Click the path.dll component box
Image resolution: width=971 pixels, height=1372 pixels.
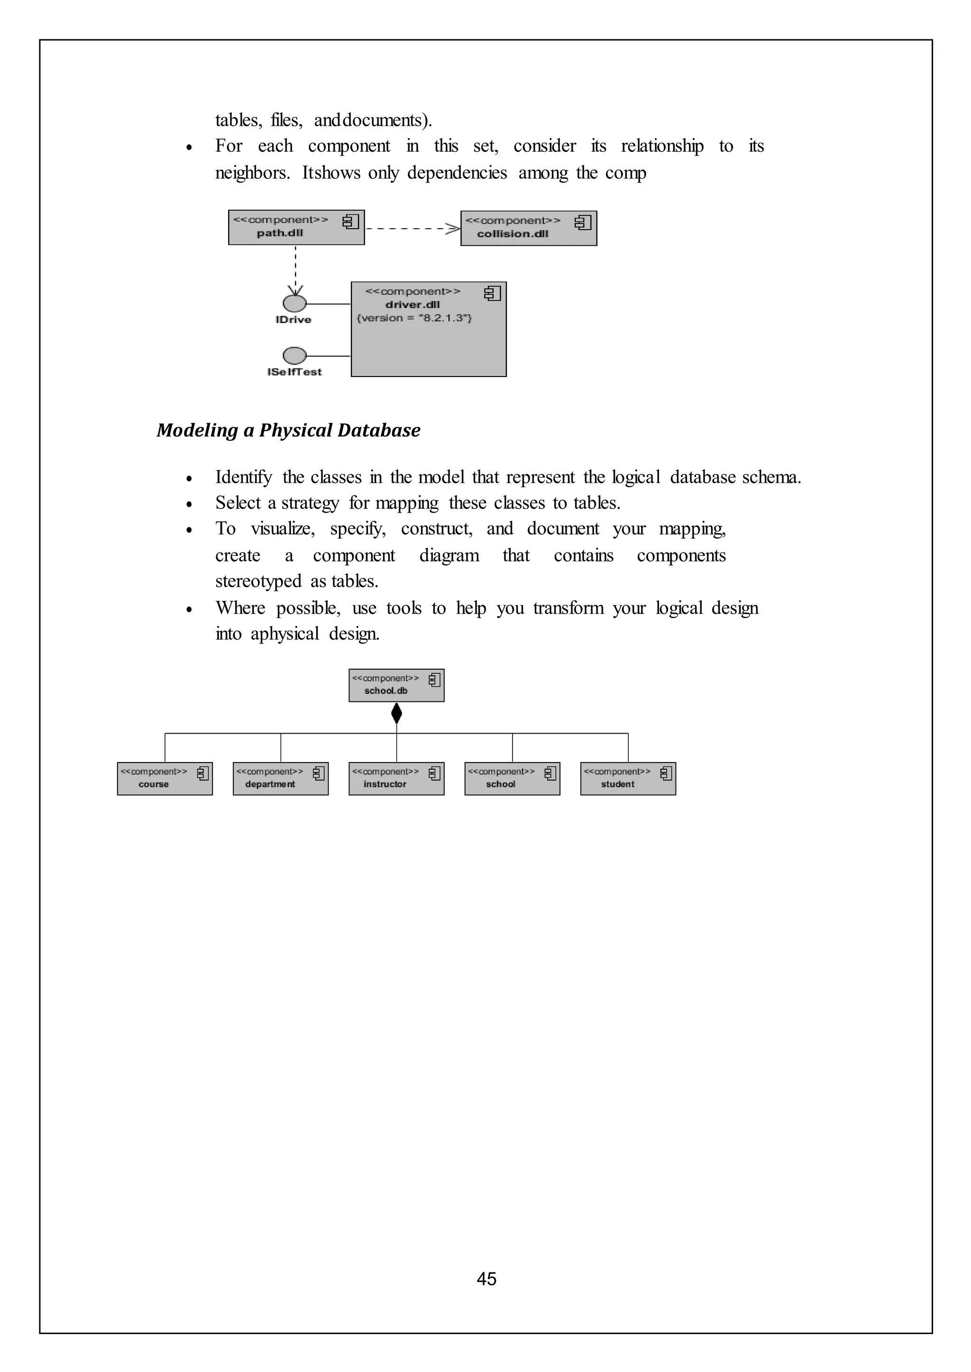[x=296, y=227]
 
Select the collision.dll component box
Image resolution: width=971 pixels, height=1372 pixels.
[x=528, y=229]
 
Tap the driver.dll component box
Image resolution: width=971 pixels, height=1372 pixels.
[x=428, y=330]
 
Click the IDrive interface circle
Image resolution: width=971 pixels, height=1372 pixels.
[x=294, y=303]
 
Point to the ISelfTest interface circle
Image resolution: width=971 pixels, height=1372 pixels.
[x=294, y=356]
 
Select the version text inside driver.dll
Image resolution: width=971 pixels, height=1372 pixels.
[x=414, y=318]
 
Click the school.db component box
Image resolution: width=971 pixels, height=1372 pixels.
[x=396, y=685]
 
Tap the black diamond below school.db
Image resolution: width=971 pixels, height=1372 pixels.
[x=396, y=713]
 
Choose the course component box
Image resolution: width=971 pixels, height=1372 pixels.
[x=165, y=779]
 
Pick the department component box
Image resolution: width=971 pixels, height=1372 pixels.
[x=280, y=779]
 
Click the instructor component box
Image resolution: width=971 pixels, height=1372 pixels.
[x=396, y=779]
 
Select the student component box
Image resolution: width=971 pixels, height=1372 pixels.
[x=628, y=779]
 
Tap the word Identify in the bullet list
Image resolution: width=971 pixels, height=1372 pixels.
[x=243, y=477]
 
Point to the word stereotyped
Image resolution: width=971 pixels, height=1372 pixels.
[x=258, y=581]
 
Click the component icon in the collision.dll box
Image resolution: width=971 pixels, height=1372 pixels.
[x=582, y=223]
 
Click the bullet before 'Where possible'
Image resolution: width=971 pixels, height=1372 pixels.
[x=189, y=609]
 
